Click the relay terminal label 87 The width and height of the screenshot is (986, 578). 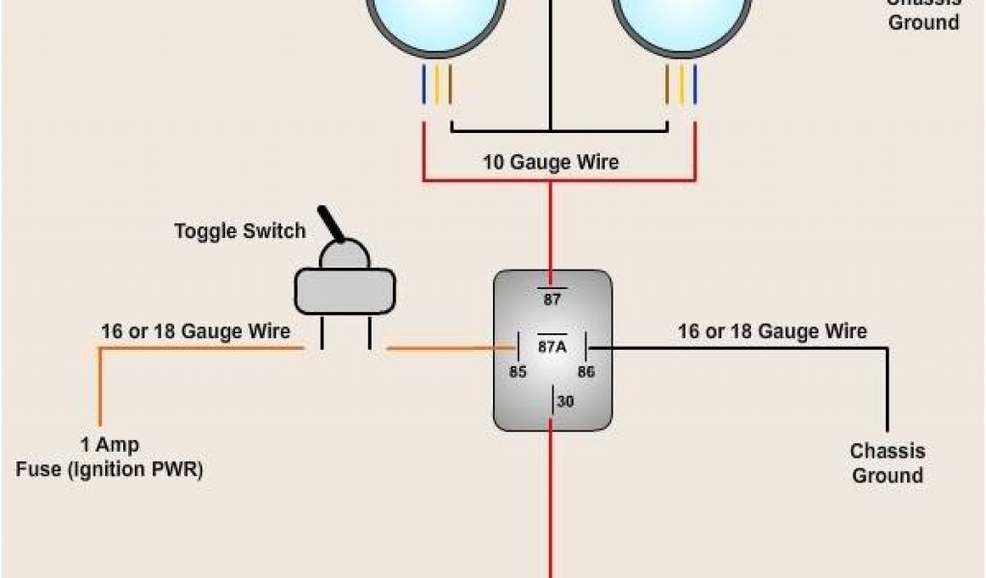(x=552, y=300)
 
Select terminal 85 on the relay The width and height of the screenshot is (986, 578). (x=518, y=372)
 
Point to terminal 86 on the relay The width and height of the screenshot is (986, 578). (x=586, y=372)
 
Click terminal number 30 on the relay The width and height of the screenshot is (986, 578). (x=565, y=401)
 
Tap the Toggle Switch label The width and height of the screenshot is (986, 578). (x=240, y=231)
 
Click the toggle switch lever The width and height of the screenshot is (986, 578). (x=332, y=223)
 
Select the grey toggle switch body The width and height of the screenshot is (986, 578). (x=345, y=290)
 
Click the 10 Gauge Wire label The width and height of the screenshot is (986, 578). (x=551, y=162)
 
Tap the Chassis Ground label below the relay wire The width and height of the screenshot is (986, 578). (x=887, y=463)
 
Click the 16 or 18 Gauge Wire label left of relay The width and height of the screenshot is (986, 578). (x=195, y=331)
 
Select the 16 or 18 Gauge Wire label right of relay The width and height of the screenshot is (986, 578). (x=772, y=331)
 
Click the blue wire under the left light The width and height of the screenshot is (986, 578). (x=424, y=85)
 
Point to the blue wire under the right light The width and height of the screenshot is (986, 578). (x=694, y=85)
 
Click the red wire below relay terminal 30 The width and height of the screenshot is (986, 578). (x=551, y=501)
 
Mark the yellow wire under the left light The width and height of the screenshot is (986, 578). (x=437, y=85)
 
